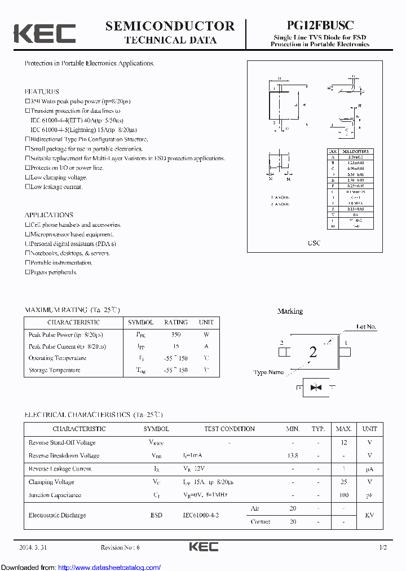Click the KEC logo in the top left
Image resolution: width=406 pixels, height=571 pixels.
point(45,33)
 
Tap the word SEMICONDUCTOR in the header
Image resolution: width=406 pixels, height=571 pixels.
point(170,26)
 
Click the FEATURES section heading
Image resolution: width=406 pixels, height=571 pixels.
point(42,91)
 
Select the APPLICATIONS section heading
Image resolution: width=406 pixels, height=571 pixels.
point(49,215)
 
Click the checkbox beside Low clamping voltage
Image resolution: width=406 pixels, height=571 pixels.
point(27,177)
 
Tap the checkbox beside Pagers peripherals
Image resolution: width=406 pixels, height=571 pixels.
point(27,272)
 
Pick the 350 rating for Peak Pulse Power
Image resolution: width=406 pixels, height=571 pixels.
point(175,335)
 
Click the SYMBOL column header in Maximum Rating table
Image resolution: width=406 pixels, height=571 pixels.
point(140,322)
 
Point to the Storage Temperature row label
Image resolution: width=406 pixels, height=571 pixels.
point(55,370)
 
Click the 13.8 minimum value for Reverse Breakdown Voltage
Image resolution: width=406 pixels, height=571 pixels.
point(293,455)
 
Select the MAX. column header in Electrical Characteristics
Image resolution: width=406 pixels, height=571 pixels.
point(344,429)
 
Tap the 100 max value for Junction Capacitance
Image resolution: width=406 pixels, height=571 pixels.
point(344,495)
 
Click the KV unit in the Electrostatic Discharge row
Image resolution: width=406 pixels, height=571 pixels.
point(370,515)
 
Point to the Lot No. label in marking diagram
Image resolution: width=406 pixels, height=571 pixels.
point(367,327)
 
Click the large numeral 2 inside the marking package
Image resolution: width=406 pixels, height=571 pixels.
point(313,353)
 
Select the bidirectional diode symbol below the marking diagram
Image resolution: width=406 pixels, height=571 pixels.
point(315,388)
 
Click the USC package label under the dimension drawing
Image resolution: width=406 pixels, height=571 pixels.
point(314,243)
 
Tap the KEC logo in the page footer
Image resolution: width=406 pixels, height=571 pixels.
point(204,547)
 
